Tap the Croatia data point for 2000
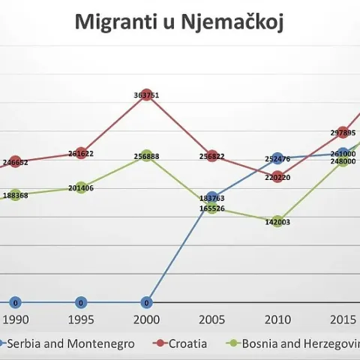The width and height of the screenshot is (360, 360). pyautogui.click(x=147, y=95)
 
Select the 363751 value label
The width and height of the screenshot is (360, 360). pyautogui.click(x=147, y=95)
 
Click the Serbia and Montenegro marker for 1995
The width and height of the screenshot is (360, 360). pyautogui.click(x=81, y=303)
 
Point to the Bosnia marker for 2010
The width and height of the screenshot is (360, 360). pyautogui.click(x=277, y=221)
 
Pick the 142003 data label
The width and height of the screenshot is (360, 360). pyautogui.click(x=277, y=222)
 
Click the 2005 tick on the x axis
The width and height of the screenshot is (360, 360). pyautogui.click(x=212, y=319)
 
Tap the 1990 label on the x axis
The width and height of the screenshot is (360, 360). pyautogui.click(x=16, y=319)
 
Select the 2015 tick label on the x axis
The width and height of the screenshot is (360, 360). pyautogui.click(x=343, y=319)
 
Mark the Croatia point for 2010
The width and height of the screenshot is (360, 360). pyautogui.click(x=277, y=178)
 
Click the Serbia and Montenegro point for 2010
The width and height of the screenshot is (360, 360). pyautogui.click(x=277, y=158)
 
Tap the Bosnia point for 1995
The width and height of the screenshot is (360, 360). pyautogui.click(x=81, y=188)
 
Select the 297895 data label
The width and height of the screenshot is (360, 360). pyautogui.click(x=343, y=132)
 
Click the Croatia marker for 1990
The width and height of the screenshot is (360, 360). pyautogui.click(x=16, y=161)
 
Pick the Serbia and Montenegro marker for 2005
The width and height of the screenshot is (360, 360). pyautogui.click(x=212, y=198)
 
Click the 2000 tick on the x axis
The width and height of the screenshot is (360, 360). pyautogui.click(x=147, y=319)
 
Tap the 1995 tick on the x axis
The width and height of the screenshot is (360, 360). pyautogui.click(x=81, y=319)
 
